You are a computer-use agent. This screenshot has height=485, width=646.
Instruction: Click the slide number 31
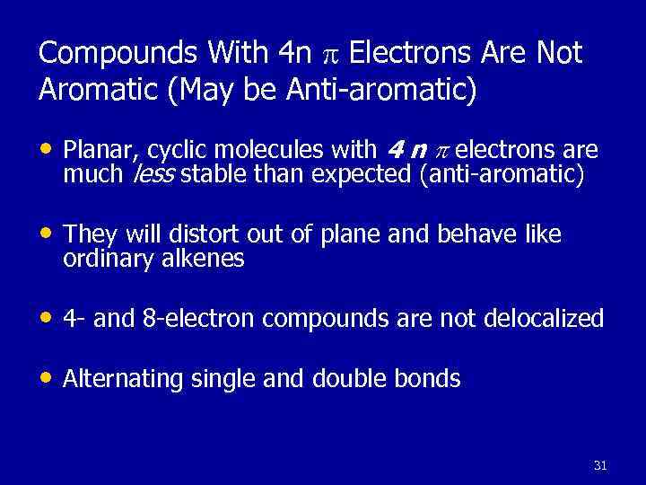coord(600,465)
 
